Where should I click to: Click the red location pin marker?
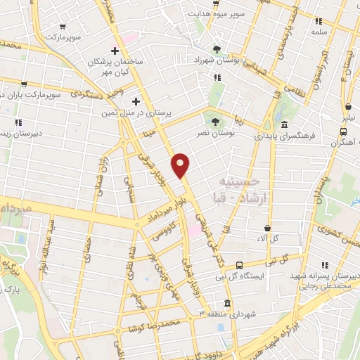(x=181, y=166)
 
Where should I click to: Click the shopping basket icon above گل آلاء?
(x=268, y=228)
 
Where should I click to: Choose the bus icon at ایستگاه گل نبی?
(x=240, y=265)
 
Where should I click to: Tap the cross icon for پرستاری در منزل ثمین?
(x=136, y=101)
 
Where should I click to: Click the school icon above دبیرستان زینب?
(x=17, y=122)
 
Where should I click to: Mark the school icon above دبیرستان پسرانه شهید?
(x=325, y=266)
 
